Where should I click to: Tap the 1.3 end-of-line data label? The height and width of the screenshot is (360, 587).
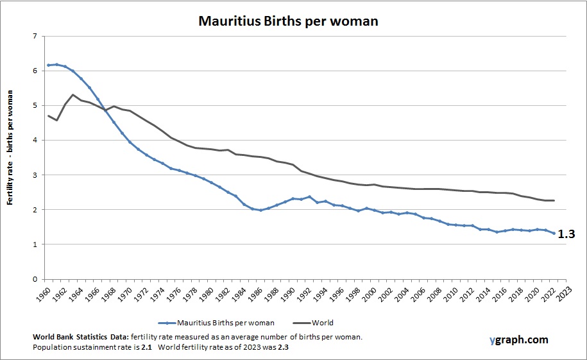point(566,235)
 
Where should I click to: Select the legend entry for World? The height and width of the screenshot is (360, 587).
point(323,323)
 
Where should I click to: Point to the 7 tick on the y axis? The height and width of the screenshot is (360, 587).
point(34,36)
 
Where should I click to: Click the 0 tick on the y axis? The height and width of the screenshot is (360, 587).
point(34,279)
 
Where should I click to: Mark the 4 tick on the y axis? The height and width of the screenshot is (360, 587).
point(34,140)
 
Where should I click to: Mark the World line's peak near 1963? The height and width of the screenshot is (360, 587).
point(73,95)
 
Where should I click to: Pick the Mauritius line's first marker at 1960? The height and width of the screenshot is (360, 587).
point(49,65)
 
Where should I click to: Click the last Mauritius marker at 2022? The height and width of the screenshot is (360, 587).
point(554,233)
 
